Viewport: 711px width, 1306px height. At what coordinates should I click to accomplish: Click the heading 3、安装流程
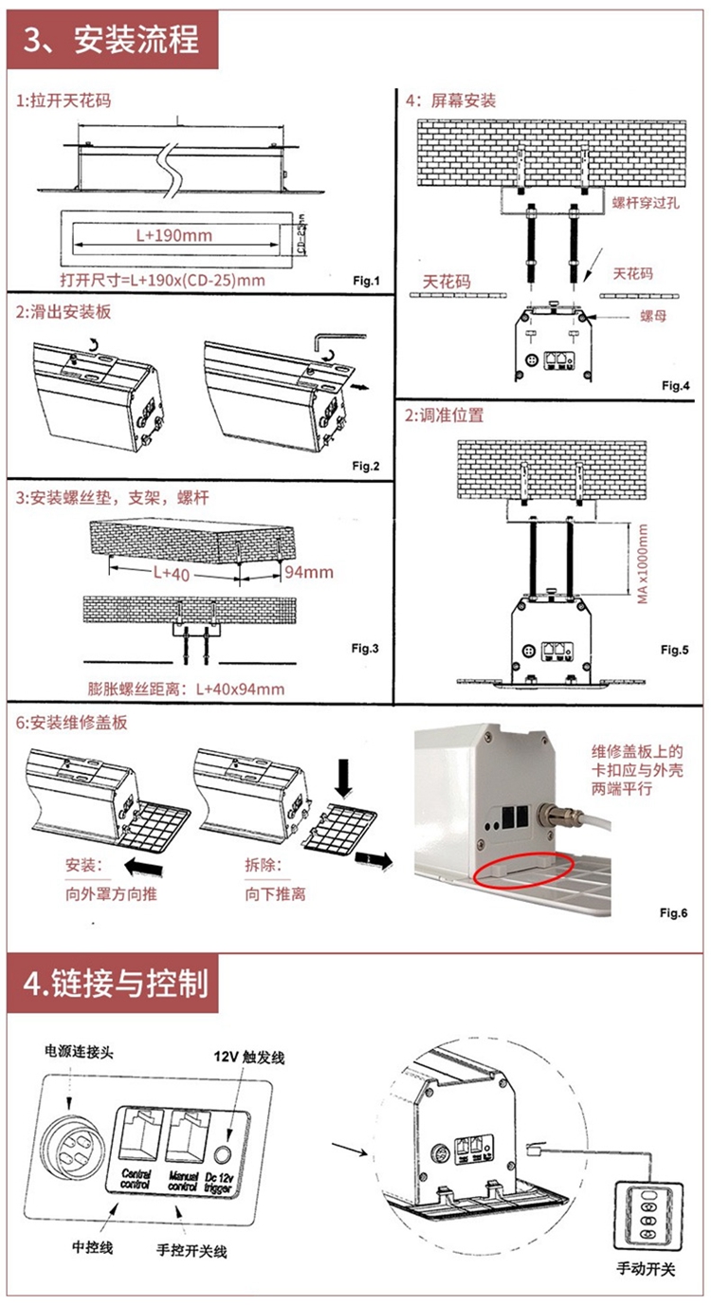tap(113, 40)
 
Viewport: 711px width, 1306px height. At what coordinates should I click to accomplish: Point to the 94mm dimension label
tap(309, 573)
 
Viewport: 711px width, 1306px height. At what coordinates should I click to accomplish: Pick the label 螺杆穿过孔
tap(644, 202)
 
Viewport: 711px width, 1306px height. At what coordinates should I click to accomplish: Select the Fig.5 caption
tap(675, 650)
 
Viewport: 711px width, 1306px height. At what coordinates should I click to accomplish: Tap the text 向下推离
tap(275, 892)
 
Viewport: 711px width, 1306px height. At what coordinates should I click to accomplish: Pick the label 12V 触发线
tap(248, 1057)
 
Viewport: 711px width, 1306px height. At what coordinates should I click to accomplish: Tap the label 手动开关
tap(646, 1270)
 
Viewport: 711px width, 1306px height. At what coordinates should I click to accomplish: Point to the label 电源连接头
tap(78, 1053)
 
